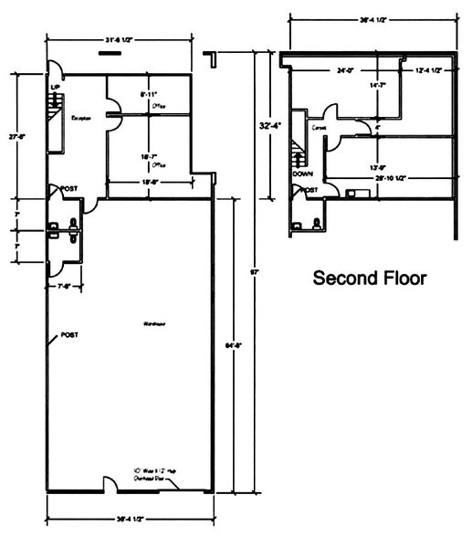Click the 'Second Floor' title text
pyautogui.click(x=369, y=278)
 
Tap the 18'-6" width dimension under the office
pyautogui.click(x=149, y=183)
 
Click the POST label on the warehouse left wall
pyautogui.click(x=68, y=335)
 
